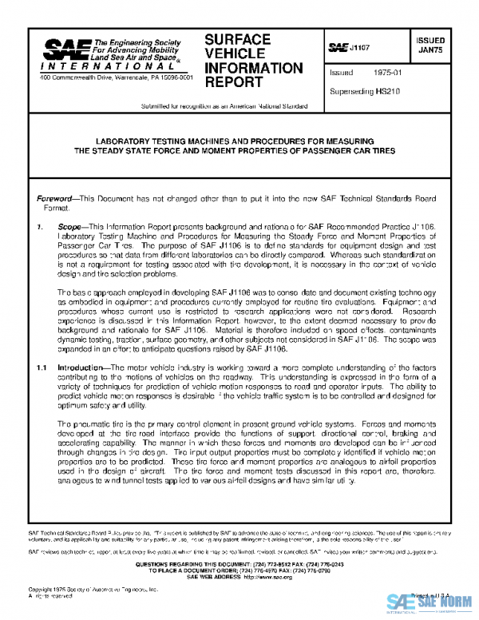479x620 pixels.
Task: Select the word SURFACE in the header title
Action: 237,39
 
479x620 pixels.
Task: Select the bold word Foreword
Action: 57,198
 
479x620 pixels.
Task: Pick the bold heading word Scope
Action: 73,227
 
